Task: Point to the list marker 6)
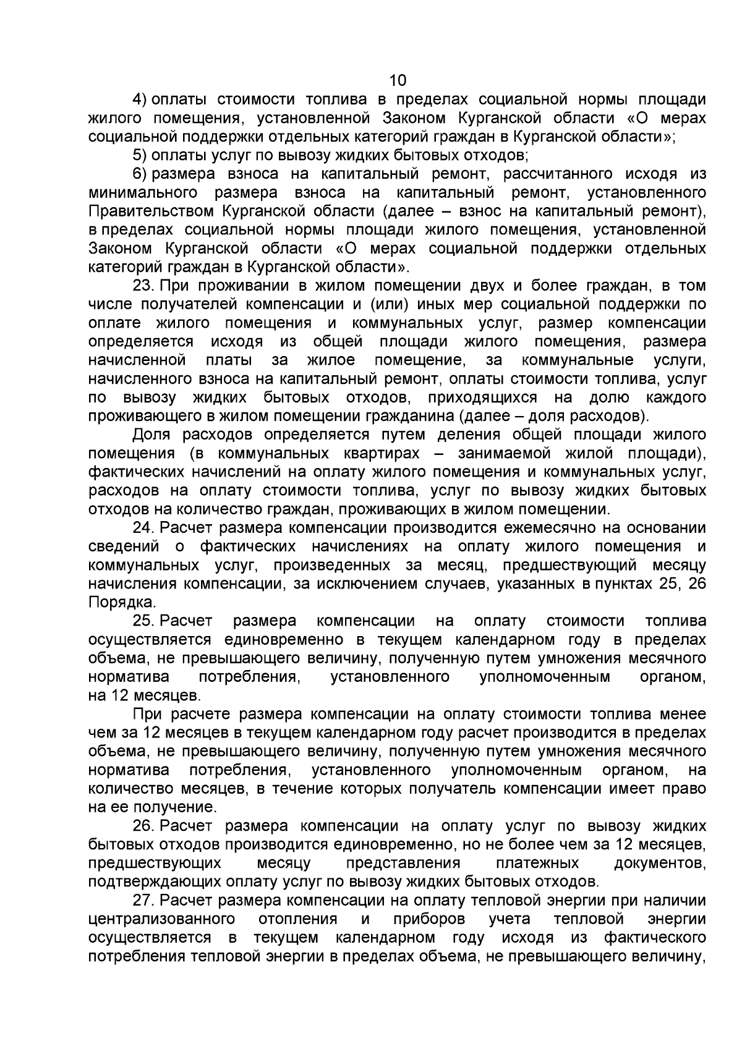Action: tap(141, 174)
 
